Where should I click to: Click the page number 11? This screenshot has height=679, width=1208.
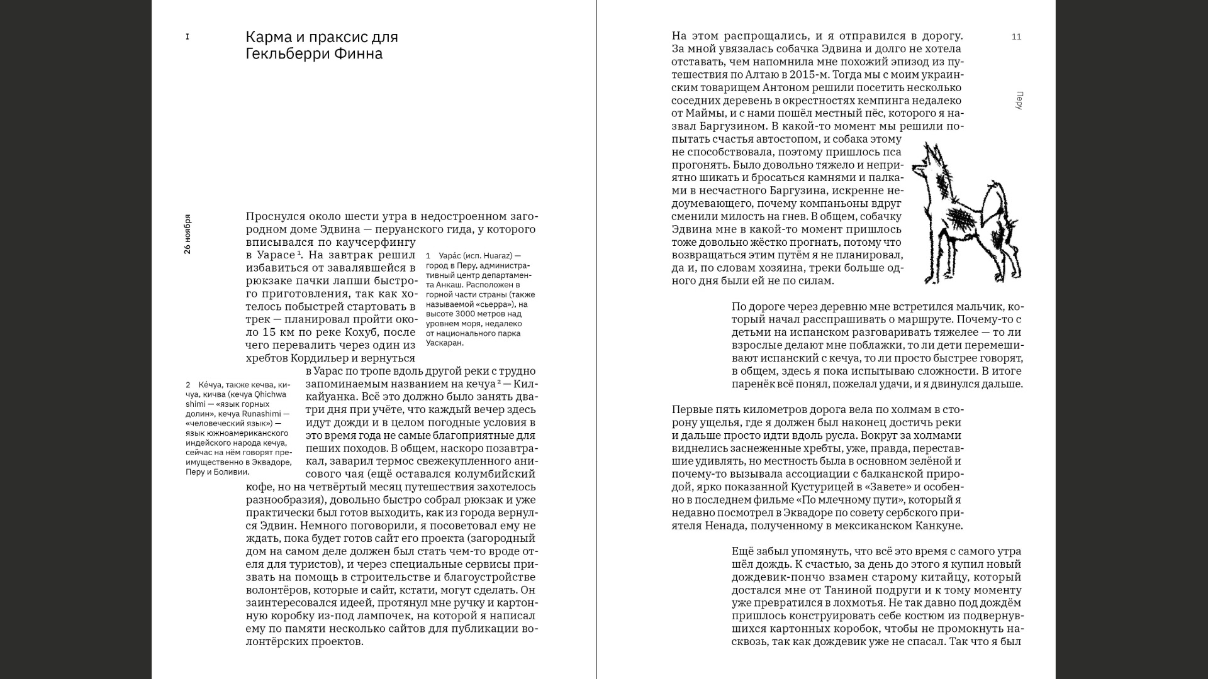(x=1016, y=37)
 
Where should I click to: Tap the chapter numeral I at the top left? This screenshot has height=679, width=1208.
(x=187, y=37)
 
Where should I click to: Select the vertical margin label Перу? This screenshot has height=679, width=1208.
(x=1019, y=101)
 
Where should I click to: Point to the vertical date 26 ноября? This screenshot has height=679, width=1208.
(x=187, y=234)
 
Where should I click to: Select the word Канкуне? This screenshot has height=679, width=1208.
(x=939, y=526)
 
